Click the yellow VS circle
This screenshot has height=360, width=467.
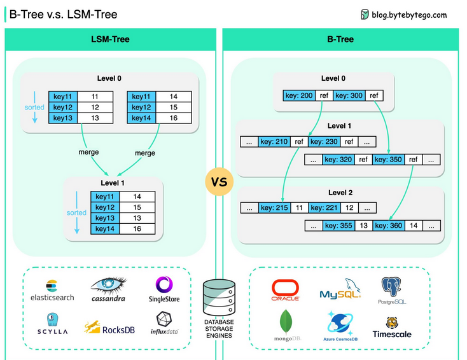click(x=219, y=183)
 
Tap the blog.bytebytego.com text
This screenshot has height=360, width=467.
click(x=409, y=15)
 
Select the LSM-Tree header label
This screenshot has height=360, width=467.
click(x=110, y=39)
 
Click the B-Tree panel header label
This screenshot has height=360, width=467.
click(x=340, y=39)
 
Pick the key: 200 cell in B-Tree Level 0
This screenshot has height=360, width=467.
click(x=298, y=95)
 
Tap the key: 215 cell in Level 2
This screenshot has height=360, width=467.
click(x=274, y=207)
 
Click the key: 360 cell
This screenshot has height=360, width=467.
click(x=388, y=225)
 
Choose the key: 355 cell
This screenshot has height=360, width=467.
click(x=339, y=225)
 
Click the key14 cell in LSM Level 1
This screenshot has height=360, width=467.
click(x=106, y=229)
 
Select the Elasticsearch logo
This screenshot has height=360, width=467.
click(x=52, y=290)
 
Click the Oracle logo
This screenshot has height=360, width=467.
click(x=285, y=289)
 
